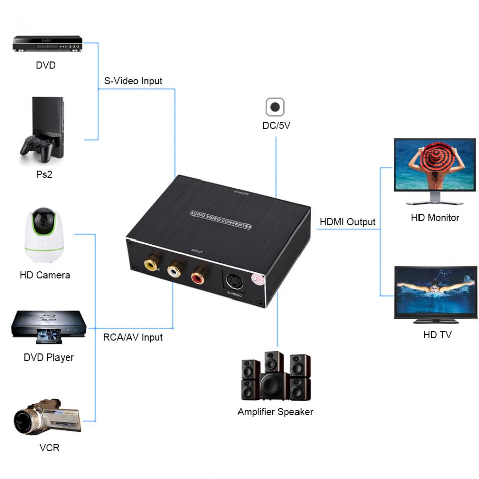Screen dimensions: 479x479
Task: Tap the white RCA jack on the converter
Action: (174, 270)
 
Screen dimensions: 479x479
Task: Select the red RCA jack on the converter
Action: (198, 276)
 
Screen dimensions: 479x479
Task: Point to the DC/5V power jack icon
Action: (275, 107)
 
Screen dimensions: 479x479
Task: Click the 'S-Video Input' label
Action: (133, 81)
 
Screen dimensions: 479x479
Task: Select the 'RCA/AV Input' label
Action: (133, 337)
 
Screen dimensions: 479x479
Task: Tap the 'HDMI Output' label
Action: (347, 222)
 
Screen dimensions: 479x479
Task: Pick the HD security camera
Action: (44, 234)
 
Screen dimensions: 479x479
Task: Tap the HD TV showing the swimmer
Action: (435, 292)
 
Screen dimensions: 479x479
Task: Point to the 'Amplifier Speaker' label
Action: (275, 412)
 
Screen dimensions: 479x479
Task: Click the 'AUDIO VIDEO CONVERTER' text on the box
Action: (220, 219)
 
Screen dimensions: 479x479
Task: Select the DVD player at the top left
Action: (47, 44)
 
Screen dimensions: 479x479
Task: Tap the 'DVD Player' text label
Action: (48, 357)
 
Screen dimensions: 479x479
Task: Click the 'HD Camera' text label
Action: (44, 275)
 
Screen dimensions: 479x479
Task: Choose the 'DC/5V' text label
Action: (276, 126)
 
